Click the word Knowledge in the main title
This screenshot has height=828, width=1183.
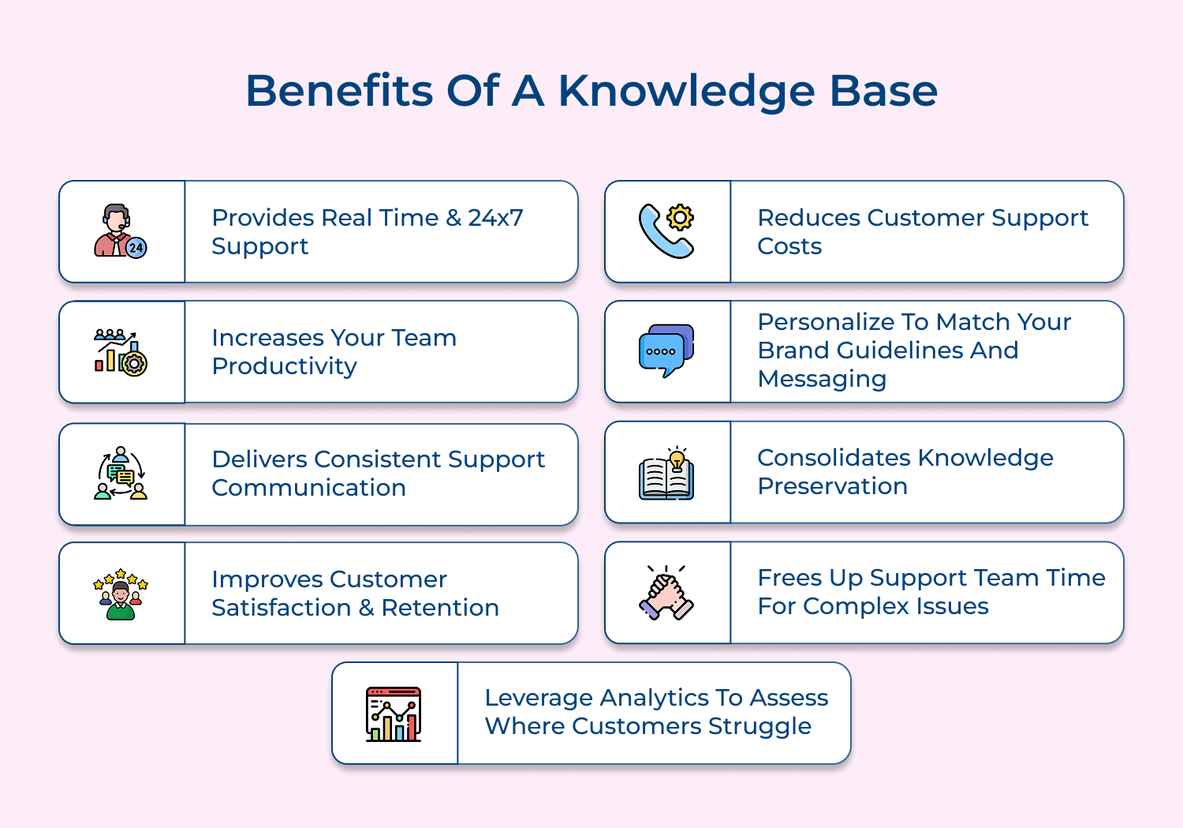point(686,92)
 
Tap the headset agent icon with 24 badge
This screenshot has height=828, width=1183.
point(121,231)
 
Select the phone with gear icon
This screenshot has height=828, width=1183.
point(666,231)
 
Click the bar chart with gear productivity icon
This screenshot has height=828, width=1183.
point(121,352)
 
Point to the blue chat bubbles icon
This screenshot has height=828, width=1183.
point(666,350)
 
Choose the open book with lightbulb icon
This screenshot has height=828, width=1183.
point(666,473)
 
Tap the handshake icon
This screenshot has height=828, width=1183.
point(666,593)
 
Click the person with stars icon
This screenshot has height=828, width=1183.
point(121,594)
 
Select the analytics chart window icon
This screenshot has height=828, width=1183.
point(394,714)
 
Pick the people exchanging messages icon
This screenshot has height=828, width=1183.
point(121,474)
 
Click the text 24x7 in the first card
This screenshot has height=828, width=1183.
point(495,218)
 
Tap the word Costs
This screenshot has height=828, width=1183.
point(789,246)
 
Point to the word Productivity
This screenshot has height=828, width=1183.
point(285,366)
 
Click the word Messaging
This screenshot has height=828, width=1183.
point(822,379)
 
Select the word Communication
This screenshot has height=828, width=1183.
point(309,488)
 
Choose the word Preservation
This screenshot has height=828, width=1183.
point(832,486)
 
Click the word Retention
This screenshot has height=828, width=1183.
point(440,608)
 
